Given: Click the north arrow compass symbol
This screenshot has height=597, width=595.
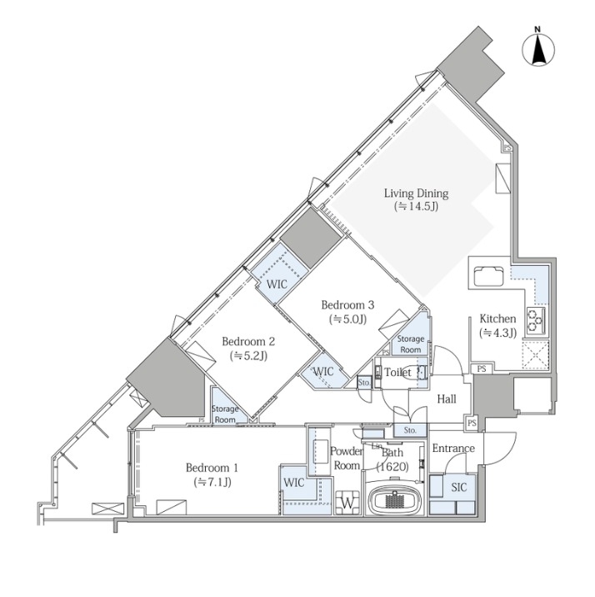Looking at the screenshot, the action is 538,48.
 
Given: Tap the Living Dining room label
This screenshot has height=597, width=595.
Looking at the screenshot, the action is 416,193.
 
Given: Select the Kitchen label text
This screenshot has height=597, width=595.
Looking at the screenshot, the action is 497,319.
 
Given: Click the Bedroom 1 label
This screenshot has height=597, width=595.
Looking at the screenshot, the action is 212,468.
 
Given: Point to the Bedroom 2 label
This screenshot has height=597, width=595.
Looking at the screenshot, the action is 248,341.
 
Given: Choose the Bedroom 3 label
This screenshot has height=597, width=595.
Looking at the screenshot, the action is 347,304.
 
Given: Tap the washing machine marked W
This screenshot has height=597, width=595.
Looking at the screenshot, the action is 347,503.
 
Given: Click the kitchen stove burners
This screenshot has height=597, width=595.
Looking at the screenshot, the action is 536,319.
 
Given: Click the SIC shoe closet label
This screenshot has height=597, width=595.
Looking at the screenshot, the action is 459,487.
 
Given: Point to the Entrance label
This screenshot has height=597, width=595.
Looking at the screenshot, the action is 453,448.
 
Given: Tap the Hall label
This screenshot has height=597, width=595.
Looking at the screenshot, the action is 447,399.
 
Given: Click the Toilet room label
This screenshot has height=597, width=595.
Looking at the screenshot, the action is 398,372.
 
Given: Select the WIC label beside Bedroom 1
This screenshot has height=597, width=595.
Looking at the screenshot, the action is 294,483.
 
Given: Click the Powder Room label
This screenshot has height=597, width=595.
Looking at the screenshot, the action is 346,459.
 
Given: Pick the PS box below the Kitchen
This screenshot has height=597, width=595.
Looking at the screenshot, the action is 482,369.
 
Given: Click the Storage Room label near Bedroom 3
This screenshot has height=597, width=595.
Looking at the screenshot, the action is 411,344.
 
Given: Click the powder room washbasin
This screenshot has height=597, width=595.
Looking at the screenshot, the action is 321,451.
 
